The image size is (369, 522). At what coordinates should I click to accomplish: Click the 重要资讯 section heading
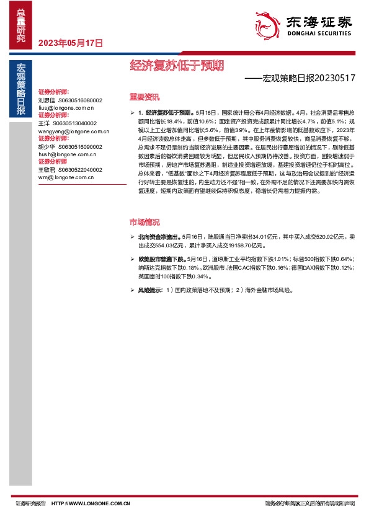tap(144, 97)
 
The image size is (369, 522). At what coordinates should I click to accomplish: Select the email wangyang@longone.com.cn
tap(74, 131)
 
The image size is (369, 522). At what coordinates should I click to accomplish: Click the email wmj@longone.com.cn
tap(66, 177)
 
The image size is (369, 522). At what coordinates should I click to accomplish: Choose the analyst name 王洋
tap(43, 123)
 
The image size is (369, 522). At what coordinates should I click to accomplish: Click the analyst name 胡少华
tap(47, 147)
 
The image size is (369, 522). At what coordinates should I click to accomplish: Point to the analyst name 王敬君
tap(47, 170)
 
